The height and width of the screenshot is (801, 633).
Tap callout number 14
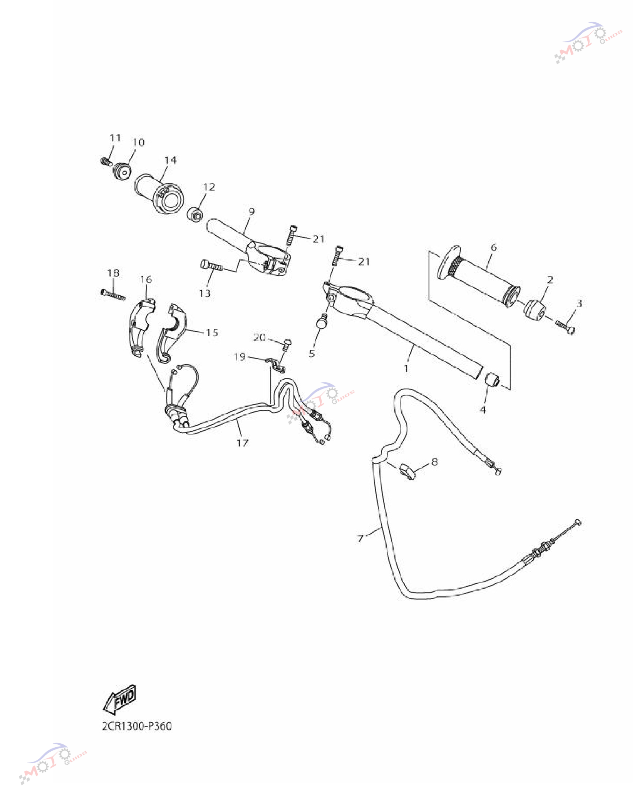[x=170, y=160]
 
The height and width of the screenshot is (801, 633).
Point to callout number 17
[x=242, y=443]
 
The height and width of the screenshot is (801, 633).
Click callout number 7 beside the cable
[x=360, y=538]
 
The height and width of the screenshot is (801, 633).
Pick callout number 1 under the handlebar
[x=406, y=368]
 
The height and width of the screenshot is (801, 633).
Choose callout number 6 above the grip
[x=493, y=247]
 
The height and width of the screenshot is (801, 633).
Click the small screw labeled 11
[x=106, y=162]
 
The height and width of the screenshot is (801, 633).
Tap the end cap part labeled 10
[x=123, y=171]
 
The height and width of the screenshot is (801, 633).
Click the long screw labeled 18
[x=113, y=295]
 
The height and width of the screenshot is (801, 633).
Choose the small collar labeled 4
[x=492, y=380]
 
